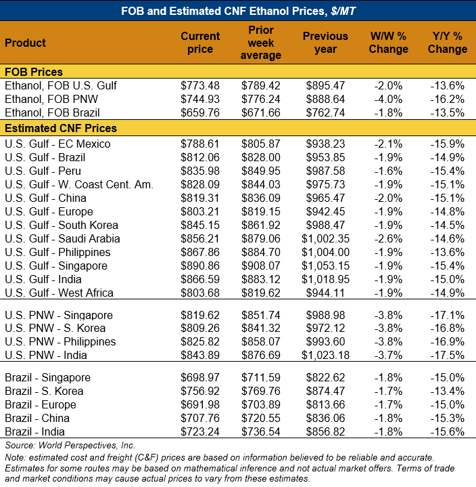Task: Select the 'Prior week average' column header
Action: [260, 43]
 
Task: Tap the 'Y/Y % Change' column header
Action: [447, 43]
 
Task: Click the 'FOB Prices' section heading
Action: [34, 72]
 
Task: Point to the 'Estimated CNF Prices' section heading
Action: [60, 128]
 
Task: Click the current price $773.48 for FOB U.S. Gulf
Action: [200, 86]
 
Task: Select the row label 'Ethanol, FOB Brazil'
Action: [52, 112]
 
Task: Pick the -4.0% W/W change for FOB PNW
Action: [389, 100]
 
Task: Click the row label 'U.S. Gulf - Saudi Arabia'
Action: [62, 238]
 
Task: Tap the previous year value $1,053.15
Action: [325, 266]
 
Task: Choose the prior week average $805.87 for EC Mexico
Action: [261, 144]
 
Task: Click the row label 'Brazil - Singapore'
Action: [47, 377]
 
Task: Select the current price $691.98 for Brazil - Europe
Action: [200, 404]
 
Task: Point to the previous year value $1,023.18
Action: [325, 355]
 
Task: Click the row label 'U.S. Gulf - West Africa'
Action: [59, 293]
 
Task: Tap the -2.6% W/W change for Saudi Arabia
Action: [389, 238]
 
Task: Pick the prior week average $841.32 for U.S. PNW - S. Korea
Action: [261, 328]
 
